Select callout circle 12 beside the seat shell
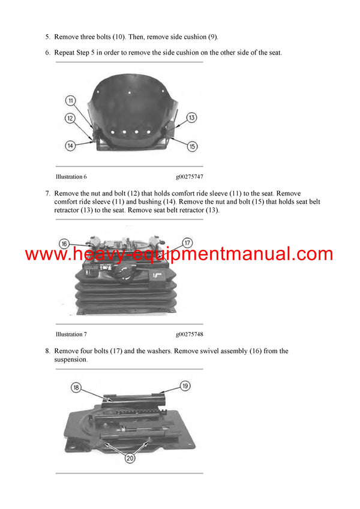coord(70,118)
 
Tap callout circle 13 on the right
coord(191,118)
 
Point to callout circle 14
coord(70,145)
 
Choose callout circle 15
coord(192,146)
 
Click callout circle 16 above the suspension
coord(64,243)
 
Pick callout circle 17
coord(187,243)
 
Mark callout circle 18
coord(76,387)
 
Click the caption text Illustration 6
coord(71,177)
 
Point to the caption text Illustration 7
coord(71,334)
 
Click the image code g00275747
coord(190,177)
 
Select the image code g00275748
coord(190,334)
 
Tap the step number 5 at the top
coord(47,37)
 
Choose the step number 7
coord(47,194)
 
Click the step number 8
coord(47,351)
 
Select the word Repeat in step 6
coord(65,53)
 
